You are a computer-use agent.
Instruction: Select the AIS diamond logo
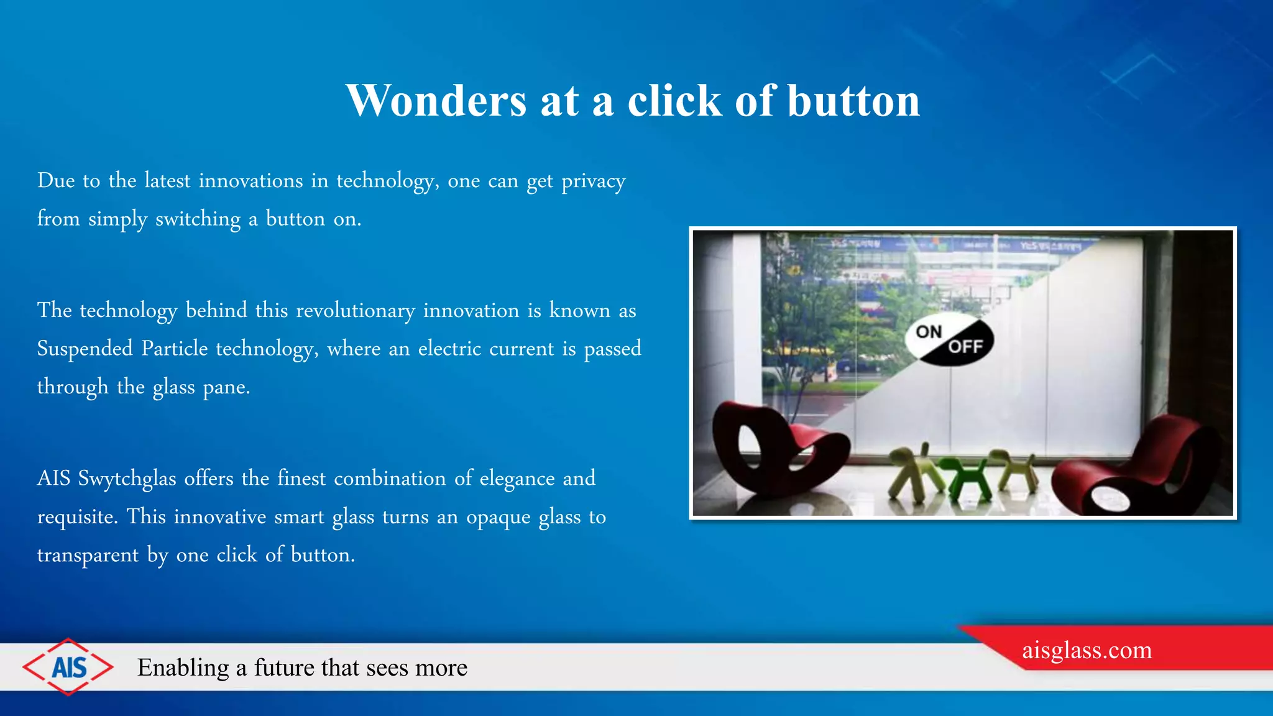pyautogui.click(x=68, y=667)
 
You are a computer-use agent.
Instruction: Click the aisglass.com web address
pyautogui.click(x=1087, y=650)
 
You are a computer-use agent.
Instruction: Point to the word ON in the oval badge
pyautogui.click(x=929, y=332)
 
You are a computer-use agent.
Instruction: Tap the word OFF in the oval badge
pyautogui.click(x=965, y=347)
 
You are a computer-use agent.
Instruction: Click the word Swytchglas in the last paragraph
pyautogui.click(x=127, y=479)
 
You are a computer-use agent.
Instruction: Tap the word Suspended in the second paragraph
pyautogui.click(x=85, y=349)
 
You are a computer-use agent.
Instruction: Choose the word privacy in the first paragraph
pyautogui.click(x=593, y=181)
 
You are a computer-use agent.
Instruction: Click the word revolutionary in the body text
pyautogui.click(x=355, y=311)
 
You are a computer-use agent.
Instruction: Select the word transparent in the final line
pyautogui.click(x=88, y=555)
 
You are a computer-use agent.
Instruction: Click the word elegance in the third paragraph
pyautogui.click(x=517, y=479)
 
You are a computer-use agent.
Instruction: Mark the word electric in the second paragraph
pyautogui.click(x=449, y=349)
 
